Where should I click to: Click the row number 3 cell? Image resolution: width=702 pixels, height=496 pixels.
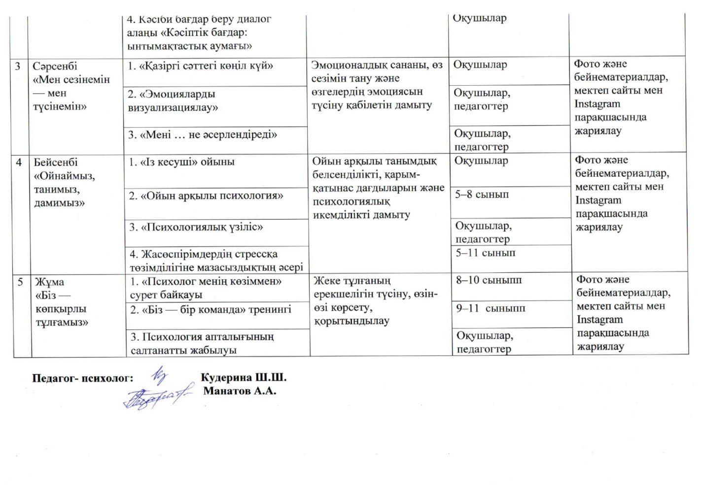coord(18,66)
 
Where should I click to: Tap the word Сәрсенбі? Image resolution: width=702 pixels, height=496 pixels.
coord(55,66)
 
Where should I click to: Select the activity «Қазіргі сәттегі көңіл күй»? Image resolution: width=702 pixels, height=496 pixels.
coord(200,66)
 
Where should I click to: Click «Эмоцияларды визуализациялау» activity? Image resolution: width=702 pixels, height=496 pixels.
coord(173,100)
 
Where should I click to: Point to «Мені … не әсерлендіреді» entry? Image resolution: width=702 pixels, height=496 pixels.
coord(203,134)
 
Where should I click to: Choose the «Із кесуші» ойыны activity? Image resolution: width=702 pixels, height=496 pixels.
coord(182,162)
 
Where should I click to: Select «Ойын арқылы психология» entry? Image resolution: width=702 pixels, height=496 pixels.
coord(206,196)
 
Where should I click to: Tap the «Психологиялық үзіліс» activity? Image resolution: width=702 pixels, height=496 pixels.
coord(196,227)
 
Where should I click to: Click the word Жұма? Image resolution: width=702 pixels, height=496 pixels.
coord(49,282)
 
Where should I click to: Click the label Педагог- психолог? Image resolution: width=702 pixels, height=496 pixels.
coord(83,378)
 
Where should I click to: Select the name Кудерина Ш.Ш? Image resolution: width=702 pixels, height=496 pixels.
coord(244,378)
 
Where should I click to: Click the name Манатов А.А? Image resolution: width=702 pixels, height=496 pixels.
coord(240,391)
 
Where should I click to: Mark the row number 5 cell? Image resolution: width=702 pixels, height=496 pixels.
coord(20,282)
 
